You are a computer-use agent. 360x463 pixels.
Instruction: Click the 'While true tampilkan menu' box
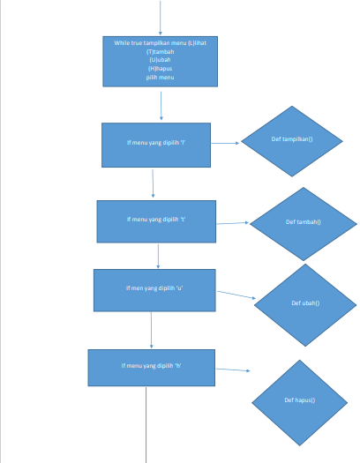click(x=161, y=62)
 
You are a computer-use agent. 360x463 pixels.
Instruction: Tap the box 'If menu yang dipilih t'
click(x=156, y=220)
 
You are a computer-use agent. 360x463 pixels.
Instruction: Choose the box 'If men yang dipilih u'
click(x=154, y=290)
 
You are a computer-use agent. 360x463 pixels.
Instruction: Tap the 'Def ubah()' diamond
click(x=305, y=303)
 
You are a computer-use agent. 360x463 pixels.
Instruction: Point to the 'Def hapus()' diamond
click(x=300, y=401)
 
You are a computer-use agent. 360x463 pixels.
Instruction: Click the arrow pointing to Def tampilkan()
click(x=225, y=143)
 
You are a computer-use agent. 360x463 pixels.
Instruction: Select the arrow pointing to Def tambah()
click(x=232, y=223)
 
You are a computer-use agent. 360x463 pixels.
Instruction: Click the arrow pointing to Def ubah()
click(x=235, y=295)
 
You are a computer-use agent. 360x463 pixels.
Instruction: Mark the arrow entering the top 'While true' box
click(x=161, y=18)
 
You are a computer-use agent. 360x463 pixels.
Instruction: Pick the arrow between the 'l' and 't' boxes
click(x=154, y=183)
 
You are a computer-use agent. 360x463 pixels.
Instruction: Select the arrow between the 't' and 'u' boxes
click(x=158, y=256)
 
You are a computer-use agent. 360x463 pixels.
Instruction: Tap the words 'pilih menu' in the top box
click(x=161, y=78)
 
